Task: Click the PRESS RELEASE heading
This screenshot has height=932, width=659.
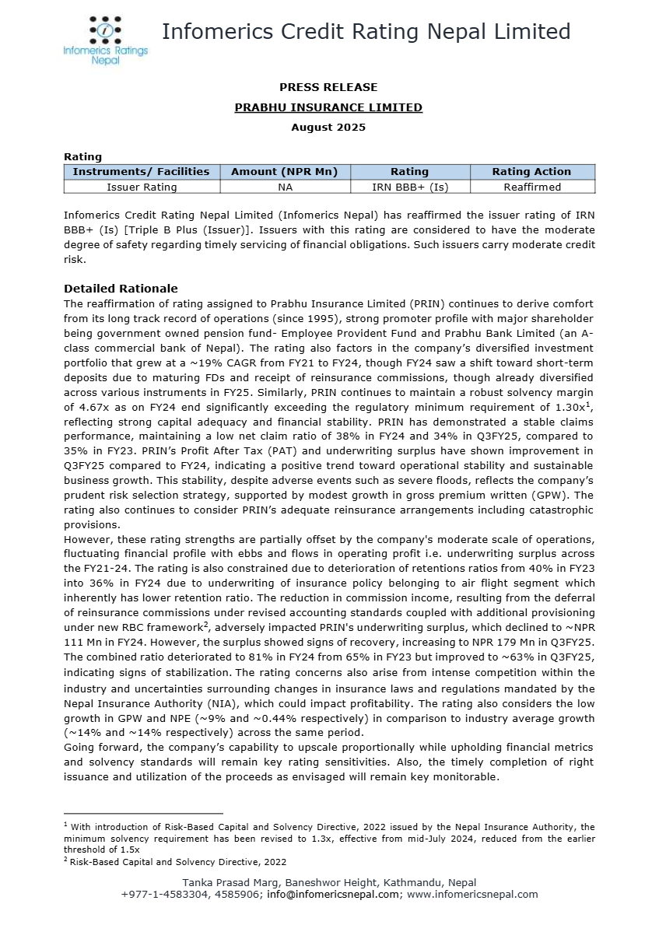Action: pos(328,87)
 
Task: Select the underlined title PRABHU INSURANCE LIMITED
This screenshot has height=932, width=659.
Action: pos(328,107)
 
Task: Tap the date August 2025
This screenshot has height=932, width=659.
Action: pos(328,127)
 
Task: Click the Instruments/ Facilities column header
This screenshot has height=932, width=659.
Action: pos(142,172)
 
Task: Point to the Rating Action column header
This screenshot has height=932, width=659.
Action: pos(532,172)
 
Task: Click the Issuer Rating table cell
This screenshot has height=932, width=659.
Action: pos(142,187)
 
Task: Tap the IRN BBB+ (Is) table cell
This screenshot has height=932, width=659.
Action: pos(409,187)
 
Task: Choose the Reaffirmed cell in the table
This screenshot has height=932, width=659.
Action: pos(532,187)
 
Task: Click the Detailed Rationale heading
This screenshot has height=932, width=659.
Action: pos(121,289)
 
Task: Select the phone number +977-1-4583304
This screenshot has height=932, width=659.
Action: pos(159,895)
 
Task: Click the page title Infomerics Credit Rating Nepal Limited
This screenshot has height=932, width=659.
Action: pos(366,31)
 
